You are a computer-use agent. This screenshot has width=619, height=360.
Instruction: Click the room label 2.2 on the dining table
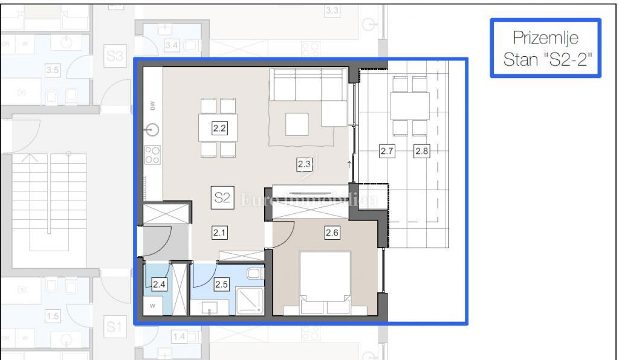[219, 127]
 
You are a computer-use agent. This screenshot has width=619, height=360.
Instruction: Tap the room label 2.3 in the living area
[303, 162]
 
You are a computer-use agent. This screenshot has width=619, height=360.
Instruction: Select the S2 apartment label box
[221, 198]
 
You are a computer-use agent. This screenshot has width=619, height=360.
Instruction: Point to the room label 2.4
[159, 283]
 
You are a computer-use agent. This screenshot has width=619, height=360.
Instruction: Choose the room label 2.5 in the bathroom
[222, 283]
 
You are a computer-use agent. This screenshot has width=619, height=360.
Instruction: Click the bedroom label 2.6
[331, 233]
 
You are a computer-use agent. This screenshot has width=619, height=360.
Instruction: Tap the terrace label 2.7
[387, 152]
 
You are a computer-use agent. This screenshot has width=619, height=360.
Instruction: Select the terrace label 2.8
[421, 152]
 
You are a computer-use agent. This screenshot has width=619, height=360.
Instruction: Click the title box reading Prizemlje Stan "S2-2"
[545, 48]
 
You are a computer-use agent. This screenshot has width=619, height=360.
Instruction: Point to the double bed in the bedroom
[325, 281]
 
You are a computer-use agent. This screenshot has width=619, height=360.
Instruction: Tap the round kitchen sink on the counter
[152, 130]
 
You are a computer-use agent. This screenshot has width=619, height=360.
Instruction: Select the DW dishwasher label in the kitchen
[152, 106]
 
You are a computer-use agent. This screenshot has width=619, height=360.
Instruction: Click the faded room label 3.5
[53, 70]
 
